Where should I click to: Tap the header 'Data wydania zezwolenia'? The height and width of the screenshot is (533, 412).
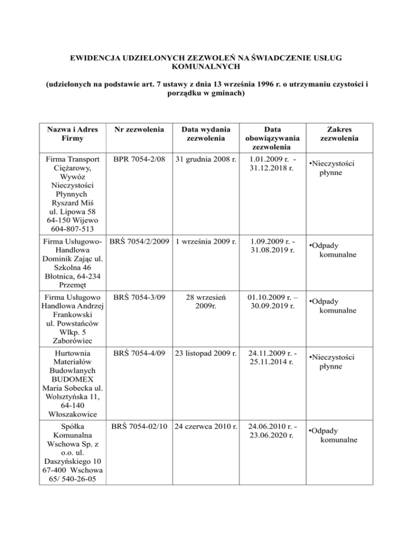pyautogui.click(x=205, y=134)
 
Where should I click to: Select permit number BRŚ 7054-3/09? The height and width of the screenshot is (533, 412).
pyautogui.click(x=139, y=295)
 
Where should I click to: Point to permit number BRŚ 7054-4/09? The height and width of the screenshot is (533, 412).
pyautogui.click(x=139, y=354)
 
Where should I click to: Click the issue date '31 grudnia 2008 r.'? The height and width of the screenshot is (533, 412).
pyautogui.click(x=205, y=160)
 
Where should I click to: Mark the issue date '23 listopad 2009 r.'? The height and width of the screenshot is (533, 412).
pyautogui.click(x=205, y=354)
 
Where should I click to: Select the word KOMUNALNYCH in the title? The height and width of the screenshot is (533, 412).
pyautogui.click(x=206, y=66)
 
